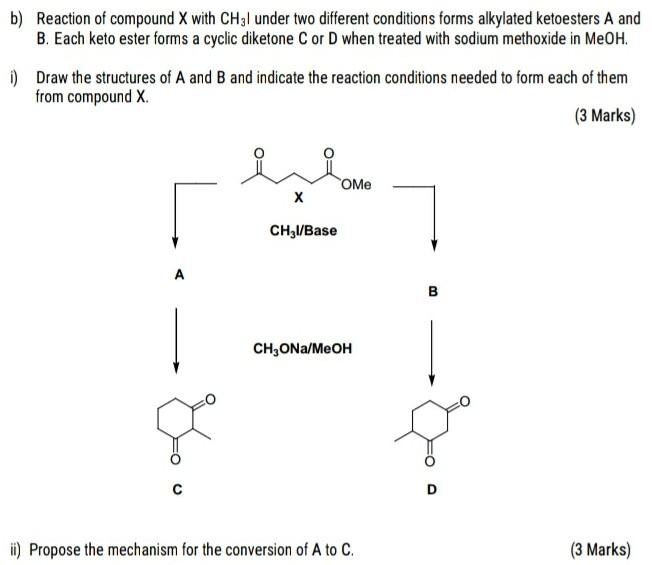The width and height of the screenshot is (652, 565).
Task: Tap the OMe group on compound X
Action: click(x=355, y=185)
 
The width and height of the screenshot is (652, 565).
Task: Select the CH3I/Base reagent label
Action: click(x=303, y=231)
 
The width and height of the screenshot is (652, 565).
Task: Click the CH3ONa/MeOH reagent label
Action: click(x=302, y=349)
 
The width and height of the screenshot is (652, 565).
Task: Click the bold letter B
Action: click(x=433, y=292)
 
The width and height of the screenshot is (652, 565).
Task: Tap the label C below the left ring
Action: click(x=176, y=490)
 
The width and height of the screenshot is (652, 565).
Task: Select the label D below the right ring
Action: click(x=432, y=490)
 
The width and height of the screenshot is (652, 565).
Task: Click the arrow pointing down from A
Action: click(x=176, y=340)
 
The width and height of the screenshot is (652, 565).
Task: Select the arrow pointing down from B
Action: click(x=432, y=350)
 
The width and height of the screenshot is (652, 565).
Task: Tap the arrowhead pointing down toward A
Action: click(x=176, y=242)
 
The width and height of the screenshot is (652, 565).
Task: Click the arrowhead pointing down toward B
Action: click(x=433, y=244)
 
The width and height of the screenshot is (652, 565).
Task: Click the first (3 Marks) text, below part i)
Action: click(x=604, y=115)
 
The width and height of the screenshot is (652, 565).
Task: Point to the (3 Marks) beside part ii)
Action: click(x=600, y=549)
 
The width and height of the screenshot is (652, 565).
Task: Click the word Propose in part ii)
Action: click(x=58, y=549)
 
